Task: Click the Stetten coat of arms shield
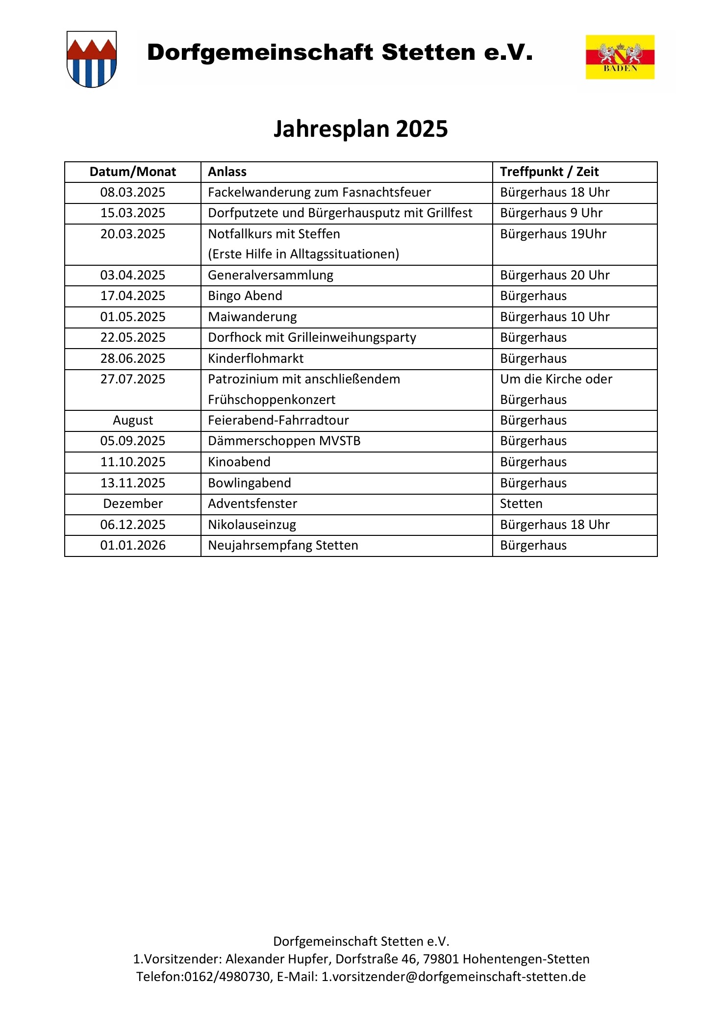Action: pos(92,59)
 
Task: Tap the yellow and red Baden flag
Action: pos(620,57)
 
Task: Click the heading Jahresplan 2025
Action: pos(360,129)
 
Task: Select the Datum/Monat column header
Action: pos(132,172)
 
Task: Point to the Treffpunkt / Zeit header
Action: pos(549,172)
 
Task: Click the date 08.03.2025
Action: pos(132,193)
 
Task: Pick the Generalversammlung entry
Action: pos(270,276)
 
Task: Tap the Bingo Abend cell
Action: pos(245,296)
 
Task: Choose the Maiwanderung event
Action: pos(252,317)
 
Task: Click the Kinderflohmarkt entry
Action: pos(255,359)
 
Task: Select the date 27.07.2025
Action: pos(132,379)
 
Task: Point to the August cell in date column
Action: pos(132,421)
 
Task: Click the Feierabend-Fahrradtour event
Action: pos(278,421)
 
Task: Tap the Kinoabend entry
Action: pos(239,462)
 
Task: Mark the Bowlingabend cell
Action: pos(249,483)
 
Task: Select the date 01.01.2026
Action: pos(132,546)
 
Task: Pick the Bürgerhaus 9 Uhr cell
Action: pos(551,213)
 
